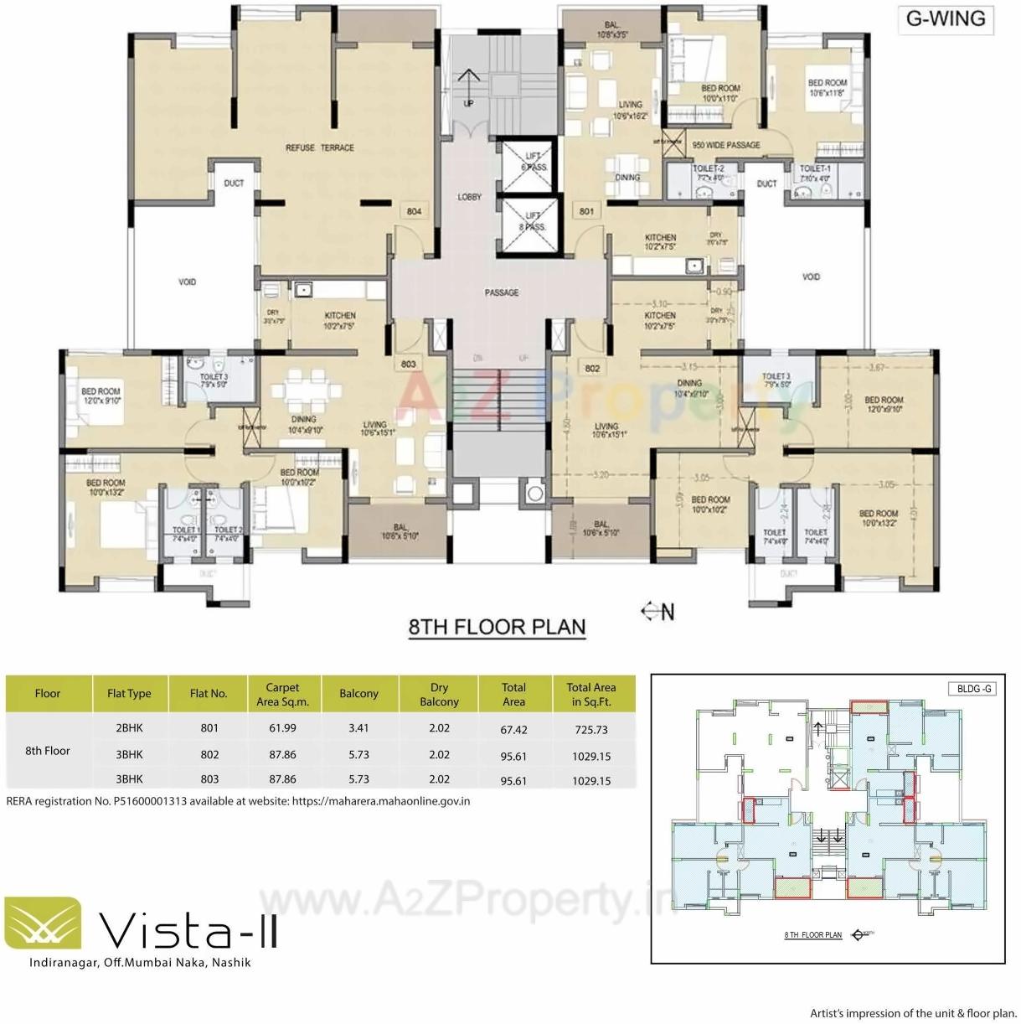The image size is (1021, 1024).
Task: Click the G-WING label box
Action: [x=946, y=18]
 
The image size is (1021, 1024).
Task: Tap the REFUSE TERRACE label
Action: [x=320, y=147]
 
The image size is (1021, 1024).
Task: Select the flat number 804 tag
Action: [x=414, y=211]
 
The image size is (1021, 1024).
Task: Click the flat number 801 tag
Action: [x=586, y=211]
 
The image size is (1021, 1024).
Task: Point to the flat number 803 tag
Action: [x=408, y=365]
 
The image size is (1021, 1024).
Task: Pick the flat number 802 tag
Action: [x=592, y=368]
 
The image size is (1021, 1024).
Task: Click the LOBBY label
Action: [x=470, y=197]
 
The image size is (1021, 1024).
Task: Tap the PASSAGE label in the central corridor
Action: [x=501, y=292]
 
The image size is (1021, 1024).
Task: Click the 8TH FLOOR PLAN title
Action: [x=497, y=628]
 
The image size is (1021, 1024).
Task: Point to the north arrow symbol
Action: [x=657, y=612]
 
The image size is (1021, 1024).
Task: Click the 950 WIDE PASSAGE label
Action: [x=726, y=145]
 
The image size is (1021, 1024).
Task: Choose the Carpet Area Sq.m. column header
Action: [x=282, y=695]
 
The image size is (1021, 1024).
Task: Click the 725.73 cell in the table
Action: [x=591, y=730]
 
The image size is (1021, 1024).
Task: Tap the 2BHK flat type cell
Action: [x=129, y=728]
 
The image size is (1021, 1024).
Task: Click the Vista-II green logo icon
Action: [x=44, y=923]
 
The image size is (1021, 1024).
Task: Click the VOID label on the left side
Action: [x=188, y=282]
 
